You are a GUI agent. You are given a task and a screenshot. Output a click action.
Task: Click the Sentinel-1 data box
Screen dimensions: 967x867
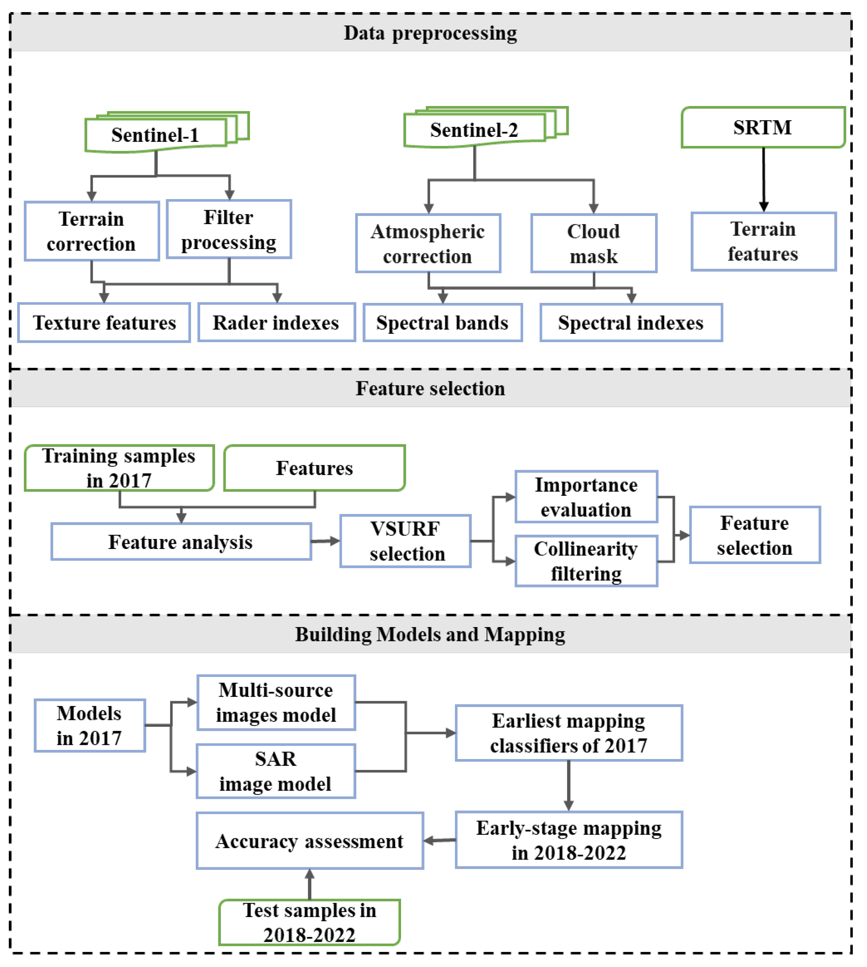click(155, 135)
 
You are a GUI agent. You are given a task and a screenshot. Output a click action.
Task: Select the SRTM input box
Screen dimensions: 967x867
click(762, 127)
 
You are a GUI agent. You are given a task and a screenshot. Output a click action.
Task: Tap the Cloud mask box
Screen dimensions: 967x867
click(594, 243)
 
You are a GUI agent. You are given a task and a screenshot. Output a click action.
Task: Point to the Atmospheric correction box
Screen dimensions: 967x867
click(428, 243)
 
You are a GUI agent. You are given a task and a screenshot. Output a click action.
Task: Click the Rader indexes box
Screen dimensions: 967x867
click(276, 323)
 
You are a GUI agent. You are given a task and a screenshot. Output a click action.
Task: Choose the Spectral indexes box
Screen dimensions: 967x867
click(631, 323)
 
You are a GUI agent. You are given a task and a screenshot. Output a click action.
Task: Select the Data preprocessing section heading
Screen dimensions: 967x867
click(430, 33)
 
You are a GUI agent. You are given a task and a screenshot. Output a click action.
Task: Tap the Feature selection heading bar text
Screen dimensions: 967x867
click(430, 388)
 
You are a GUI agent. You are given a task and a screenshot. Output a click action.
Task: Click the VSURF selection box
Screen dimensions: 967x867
click(405, 541)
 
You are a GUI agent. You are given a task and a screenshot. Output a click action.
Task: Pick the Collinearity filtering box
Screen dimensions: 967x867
click(586, 561)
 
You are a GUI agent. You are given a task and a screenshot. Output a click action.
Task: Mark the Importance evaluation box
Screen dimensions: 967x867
click(586, 497)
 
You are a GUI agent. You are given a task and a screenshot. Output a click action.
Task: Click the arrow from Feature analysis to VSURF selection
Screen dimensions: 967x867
click(326, 541)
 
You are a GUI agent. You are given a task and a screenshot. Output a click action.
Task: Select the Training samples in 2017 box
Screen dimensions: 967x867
click(119, 468)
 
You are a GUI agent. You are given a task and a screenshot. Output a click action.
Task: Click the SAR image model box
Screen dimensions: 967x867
click(276, 771)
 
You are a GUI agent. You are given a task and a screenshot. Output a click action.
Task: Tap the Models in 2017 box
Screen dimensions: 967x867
click(89, 725)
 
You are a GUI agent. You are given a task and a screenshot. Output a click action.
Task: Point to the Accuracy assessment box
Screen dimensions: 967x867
click(310, 841)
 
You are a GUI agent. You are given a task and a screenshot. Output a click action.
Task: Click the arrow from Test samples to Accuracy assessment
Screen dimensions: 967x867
click(310, 884)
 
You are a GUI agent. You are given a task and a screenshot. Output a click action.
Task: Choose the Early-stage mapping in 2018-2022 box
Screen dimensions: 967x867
click(569, 840)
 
